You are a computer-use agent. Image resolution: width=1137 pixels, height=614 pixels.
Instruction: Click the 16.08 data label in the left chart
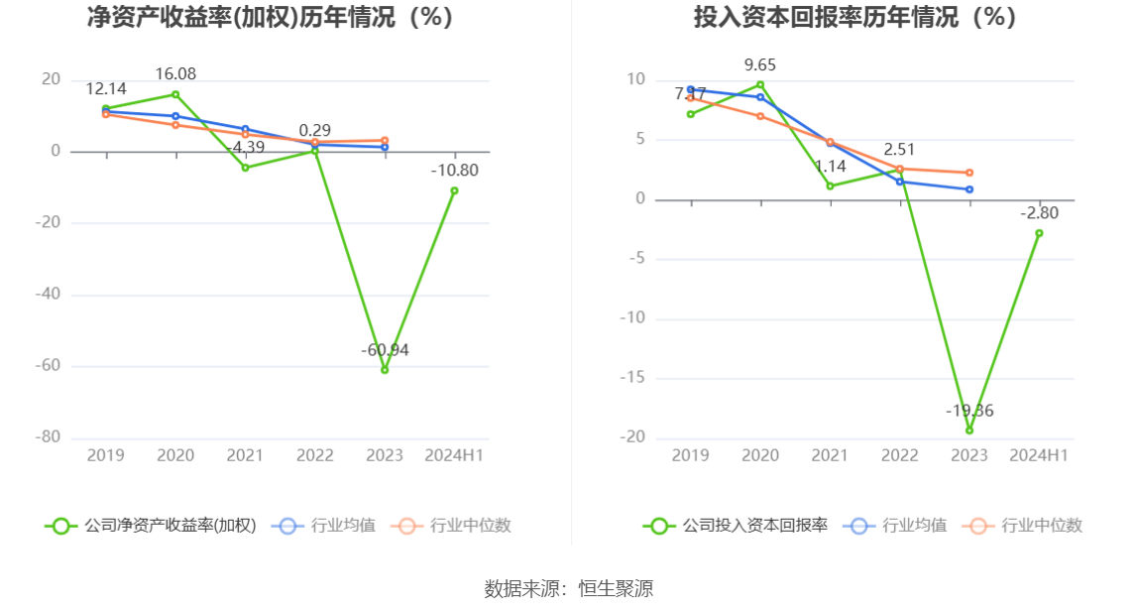pos(175,74)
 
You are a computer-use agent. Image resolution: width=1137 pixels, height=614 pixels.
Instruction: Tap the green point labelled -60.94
pos(385,370)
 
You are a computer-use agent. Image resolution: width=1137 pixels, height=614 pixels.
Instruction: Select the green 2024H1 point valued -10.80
pos(454,190)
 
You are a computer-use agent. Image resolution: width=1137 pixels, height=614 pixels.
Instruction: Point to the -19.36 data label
pos(969,411)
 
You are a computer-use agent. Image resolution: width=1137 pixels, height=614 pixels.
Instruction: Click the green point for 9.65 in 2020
pos(760,84)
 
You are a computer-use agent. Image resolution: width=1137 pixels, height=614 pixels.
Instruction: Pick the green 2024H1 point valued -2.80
pos(1039,233)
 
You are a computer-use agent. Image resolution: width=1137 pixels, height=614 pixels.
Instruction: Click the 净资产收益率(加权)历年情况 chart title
pos(270,17)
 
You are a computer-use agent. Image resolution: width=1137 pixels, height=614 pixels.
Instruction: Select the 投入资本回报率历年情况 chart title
pos(854,17)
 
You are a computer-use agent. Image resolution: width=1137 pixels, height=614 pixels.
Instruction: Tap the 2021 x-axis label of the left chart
pos(245,455)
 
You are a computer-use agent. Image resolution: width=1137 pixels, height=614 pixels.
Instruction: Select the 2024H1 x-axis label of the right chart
pos(1039,455)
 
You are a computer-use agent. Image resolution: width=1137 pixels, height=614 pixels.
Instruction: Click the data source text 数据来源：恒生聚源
pos(569,588)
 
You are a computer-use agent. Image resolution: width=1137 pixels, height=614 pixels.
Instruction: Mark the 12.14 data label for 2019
pos(106,88)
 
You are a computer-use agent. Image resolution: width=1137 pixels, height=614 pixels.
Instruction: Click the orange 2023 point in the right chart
pos(969,173)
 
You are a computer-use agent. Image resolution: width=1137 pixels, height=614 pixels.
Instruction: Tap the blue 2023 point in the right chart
pos(969,189)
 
